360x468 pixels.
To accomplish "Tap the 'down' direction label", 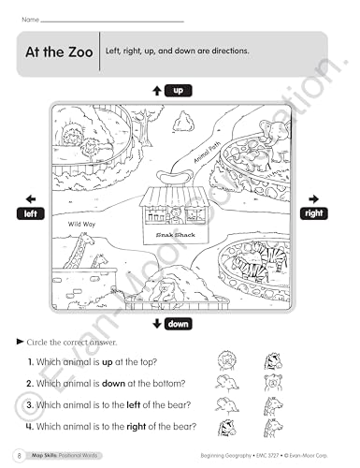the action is coord(180,324).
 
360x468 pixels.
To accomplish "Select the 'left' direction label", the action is coord(31,214).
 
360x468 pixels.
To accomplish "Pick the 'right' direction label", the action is coord(314,214).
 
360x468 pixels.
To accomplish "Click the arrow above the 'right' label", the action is coord(314,198).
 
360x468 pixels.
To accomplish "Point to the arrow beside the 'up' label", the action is coord(157,91).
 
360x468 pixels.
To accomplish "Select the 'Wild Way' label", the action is coord(81,225).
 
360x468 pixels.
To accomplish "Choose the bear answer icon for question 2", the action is coord(275,383).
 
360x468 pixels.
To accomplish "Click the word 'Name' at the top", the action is coord(29,18).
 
